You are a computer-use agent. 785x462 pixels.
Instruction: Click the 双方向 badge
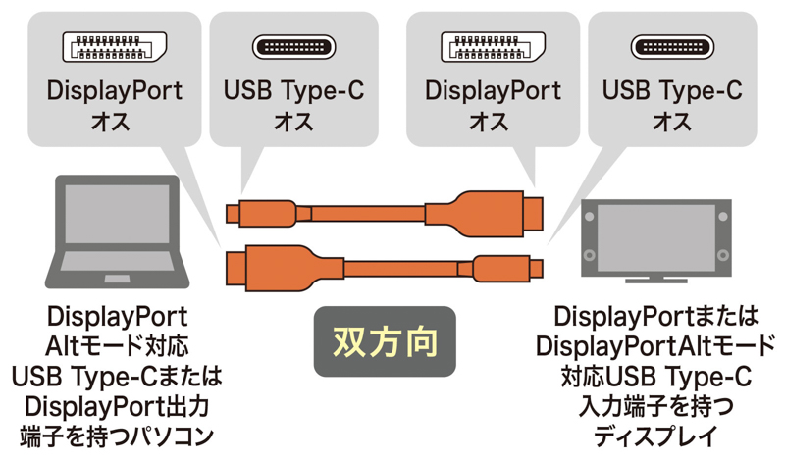[x=385, y=341]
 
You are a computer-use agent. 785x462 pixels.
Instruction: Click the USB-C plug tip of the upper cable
[x=234, y=213]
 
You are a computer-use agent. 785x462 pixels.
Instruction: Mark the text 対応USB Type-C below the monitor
[x=655, y=376]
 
